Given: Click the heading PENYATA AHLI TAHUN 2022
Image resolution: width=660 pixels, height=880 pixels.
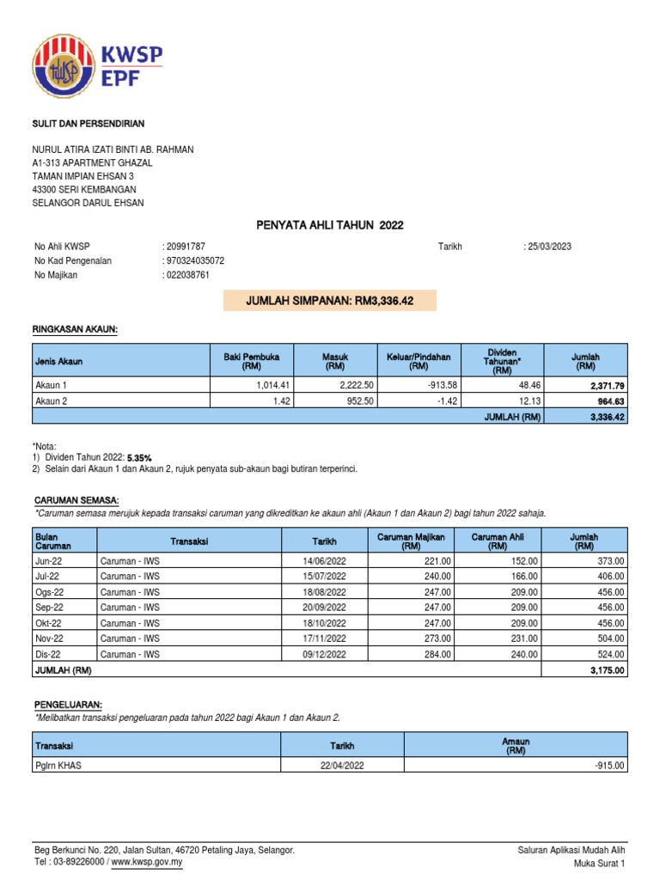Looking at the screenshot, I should point(329,225).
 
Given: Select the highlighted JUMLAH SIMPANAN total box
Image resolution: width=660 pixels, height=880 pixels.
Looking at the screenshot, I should point(329,300).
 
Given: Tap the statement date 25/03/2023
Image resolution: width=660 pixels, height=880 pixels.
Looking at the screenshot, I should point(547,247).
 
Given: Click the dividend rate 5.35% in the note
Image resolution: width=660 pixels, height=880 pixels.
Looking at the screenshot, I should point(142,458).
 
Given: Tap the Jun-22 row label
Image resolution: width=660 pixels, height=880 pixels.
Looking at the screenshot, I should point(48,560).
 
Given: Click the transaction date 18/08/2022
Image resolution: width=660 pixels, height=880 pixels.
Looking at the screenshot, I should point(324,591).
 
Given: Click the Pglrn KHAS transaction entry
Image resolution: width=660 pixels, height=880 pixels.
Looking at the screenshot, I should point(59,765).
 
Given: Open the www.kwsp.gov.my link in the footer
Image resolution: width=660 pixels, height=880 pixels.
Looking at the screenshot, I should point(148,862).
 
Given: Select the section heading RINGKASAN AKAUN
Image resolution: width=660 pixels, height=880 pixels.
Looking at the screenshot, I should point(76,328).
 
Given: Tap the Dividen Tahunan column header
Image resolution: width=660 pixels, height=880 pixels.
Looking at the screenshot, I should point(503,360).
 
